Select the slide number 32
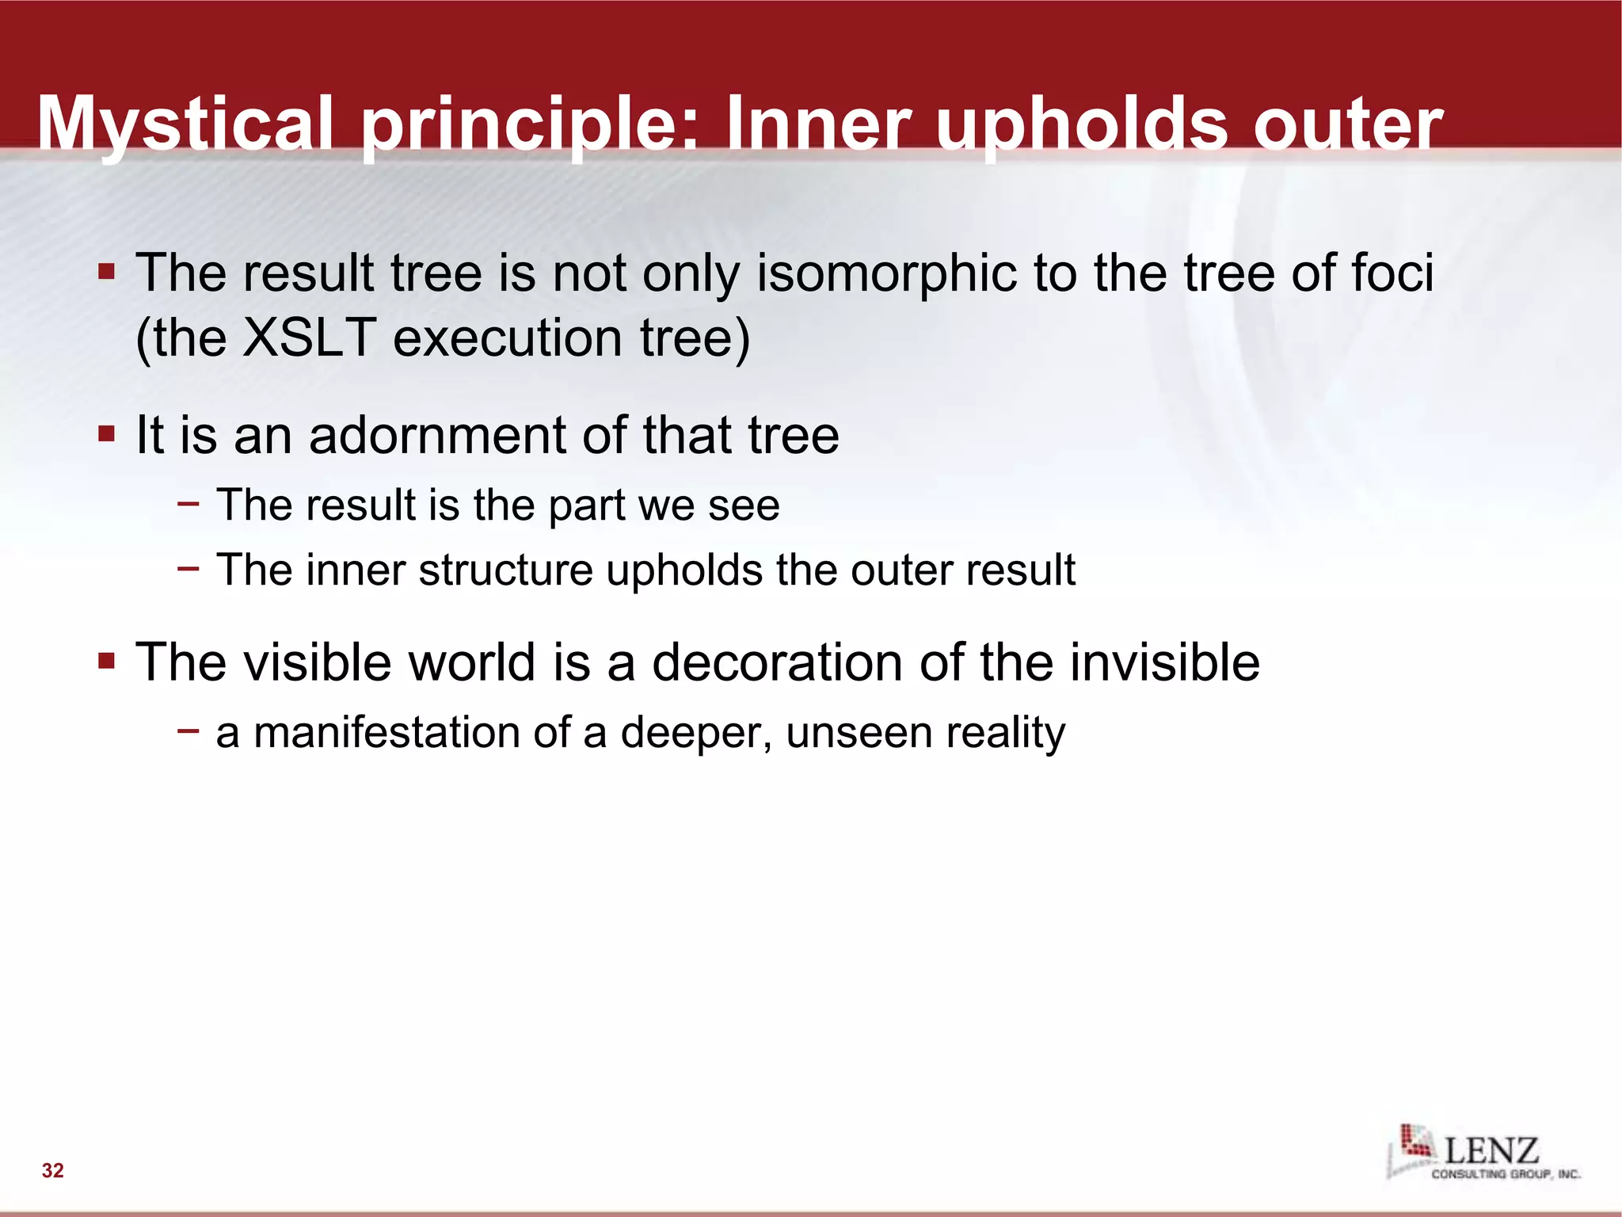coord(53,1170)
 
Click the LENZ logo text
coord(1491,1150)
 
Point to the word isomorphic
coord(885,273)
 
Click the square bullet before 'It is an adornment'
coord(106,434)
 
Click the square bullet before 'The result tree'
coord(106,273)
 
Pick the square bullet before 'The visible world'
coord(106,661)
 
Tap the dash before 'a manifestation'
coord(188,730)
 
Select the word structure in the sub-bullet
coord(505,570)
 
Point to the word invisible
coord(1164,662)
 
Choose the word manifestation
coord(386,732)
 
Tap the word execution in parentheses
coord(507,338)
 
